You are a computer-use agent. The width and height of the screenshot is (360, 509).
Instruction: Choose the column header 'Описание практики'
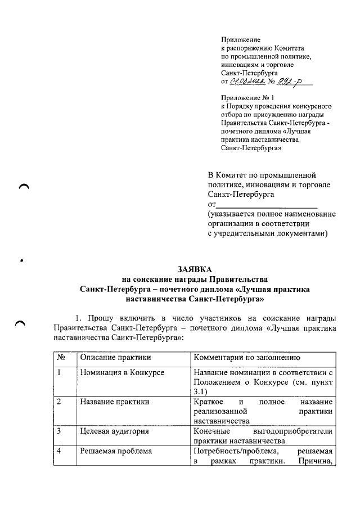pos(116,358)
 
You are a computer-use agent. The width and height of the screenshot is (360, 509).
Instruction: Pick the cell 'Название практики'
pos(115,402)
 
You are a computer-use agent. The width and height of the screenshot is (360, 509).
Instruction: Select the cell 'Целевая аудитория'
pos(114,431)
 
